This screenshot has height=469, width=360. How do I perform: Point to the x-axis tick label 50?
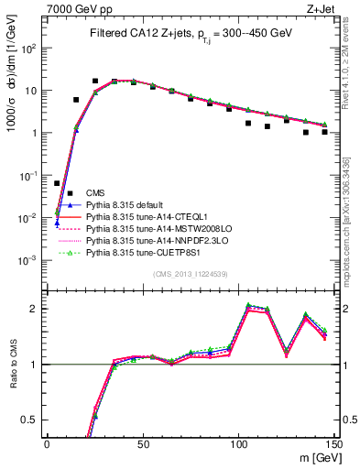pos(143,444)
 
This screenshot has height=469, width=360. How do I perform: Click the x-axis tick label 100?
pos(238,444)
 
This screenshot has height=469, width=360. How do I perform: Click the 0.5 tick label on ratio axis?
pos(32,420)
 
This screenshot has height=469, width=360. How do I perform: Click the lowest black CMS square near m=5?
pos(57,183)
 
